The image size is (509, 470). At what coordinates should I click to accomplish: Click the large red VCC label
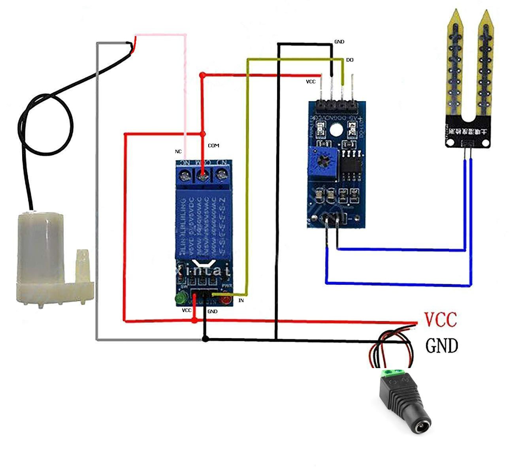pyautogui.click(x=440, y=320)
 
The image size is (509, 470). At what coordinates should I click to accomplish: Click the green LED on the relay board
pyautogui.click(x=181, y=298)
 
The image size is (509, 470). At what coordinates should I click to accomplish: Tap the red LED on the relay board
pyautogui.click(x=226, y=300)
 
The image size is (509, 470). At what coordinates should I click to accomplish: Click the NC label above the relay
pyautogui.click(x=178, y=152)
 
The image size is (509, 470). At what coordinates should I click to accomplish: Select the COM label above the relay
pyautogui.click(x=213, y=146)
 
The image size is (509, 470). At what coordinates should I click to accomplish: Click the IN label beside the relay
pyautogui.click(x=241, y=301)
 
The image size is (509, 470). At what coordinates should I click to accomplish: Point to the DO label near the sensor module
pyautogui.click(x=350, y=60)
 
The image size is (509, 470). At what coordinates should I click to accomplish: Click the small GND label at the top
pyautogui.click(x=339, y=41)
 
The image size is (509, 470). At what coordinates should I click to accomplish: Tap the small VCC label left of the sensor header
pyautogui.click(x=311, y=82)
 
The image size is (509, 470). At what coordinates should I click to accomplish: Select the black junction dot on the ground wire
pyautogui.click(x=205, y=338)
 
